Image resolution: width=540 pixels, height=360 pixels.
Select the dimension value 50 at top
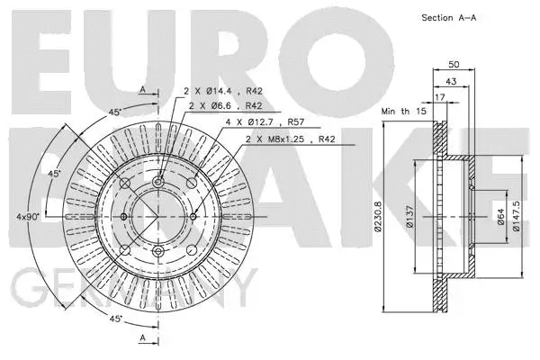coord(454,65)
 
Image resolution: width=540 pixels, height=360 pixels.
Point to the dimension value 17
coord(439,97)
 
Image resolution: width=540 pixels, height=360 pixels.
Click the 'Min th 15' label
coord(400,111)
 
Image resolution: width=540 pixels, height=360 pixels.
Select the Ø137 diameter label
coord(411,217)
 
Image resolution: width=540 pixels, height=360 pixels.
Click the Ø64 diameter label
coord(501,217)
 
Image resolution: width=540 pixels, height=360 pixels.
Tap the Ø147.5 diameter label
coord(517,217)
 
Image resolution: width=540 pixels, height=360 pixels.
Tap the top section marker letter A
coord(143,88)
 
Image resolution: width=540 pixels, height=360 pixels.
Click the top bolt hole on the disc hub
coord(158,183)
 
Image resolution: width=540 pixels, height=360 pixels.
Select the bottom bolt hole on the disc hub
coord(158,251)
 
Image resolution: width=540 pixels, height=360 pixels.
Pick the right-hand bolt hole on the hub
coord(193,217)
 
